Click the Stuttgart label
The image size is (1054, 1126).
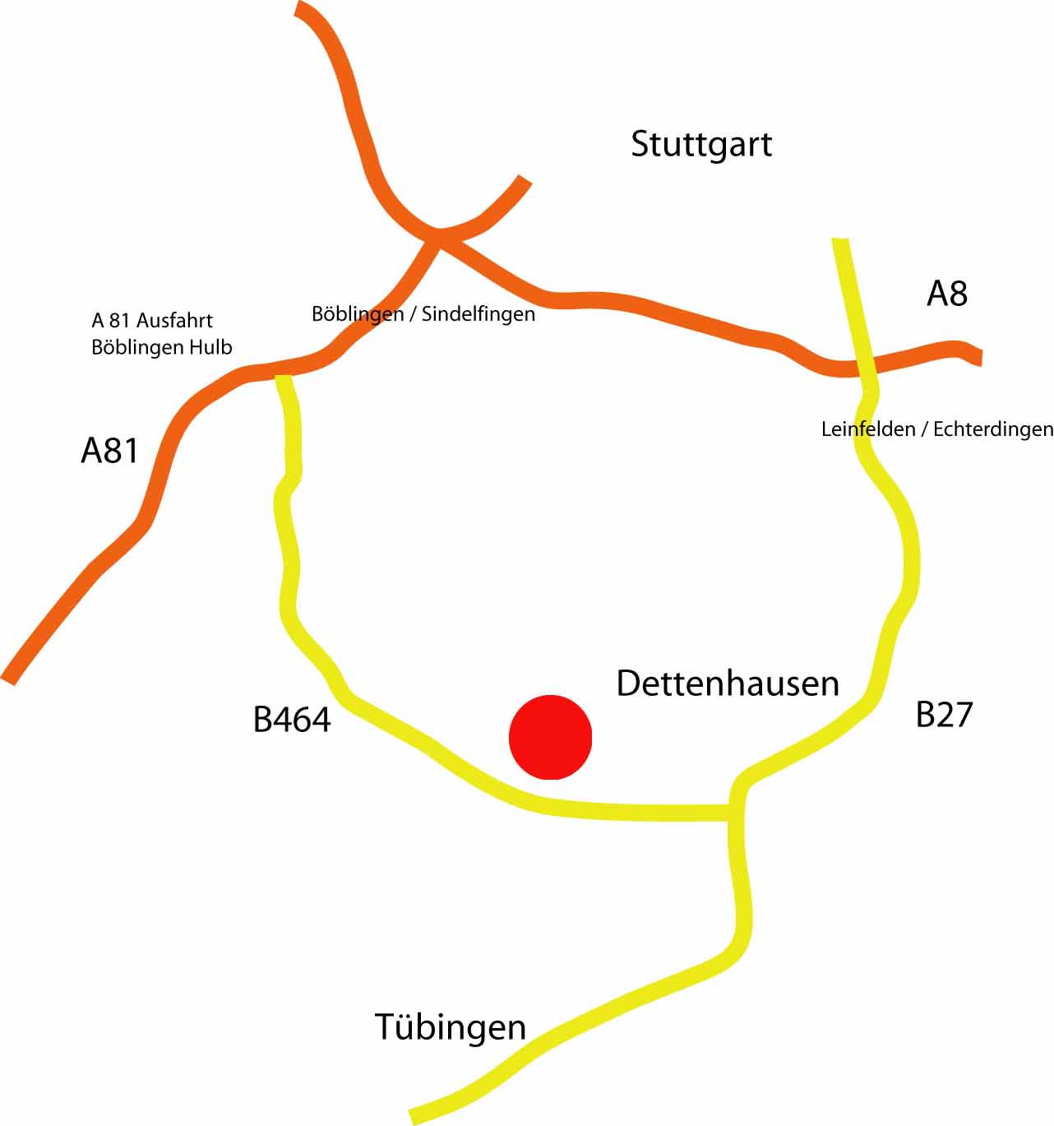(x=701, y=145)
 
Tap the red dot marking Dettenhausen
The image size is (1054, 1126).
(x=550, y=737)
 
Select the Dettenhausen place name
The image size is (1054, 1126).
(x=728, y=683)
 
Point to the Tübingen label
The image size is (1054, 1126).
(x=451, y=1027)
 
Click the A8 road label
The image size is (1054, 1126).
(x=947, y=294)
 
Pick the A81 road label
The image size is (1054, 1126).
(x=109, y=451)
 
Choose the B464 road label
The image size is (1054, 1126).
(x=292, y=720)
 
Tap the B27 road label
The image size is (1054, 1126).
(x=944, y=715)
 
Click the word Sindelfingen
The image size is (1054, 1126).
(x=478, y=314)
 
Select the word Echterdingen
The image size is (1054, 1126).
(x=993, y=429)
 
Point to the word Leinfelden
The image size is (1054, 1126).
(x=868, y=429)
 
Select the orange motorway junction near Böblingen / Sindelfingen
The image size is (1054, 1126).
(x=439, y=236)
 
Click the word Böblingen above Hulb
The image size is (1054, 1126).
(x=138, y=347)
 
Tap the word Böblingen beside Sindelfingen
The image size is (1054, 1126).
(x=358, y=314)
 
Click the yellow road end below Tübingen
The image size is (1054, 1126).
(x=414, y=1116)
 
